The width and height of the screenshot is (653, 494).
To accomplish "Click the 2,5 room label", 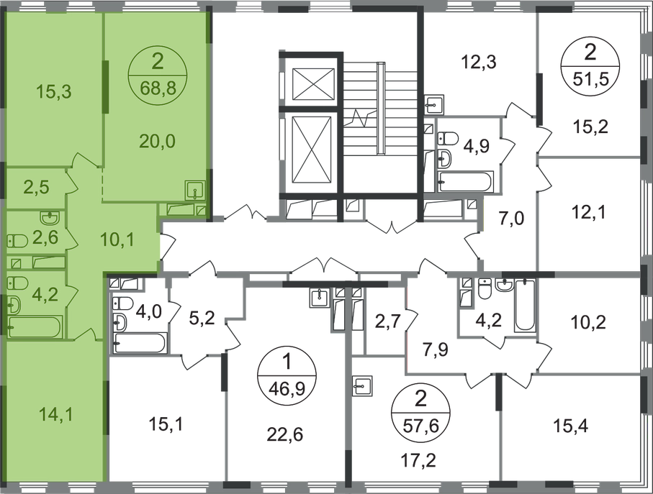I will coord(34,188).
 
